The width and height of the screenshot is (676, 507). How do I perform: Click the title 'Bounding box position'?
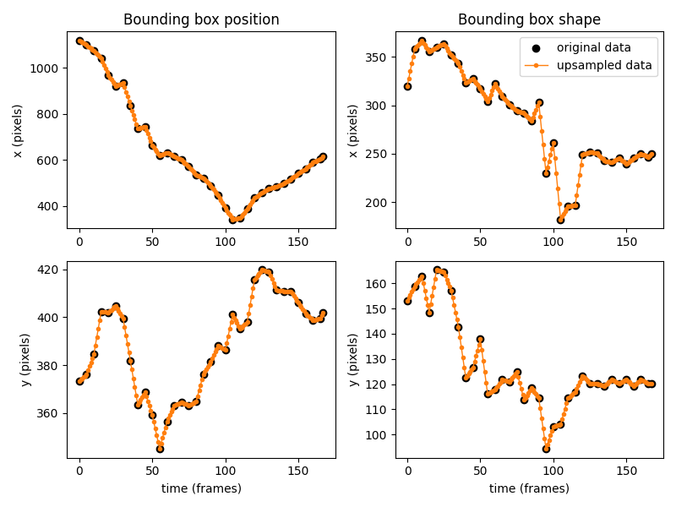[201, 19]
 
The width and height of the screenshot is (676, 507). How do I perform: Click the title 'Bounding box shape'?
[529, 19]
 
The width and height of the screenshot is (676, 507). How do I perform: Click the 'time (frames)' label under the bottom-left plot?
[201, 488]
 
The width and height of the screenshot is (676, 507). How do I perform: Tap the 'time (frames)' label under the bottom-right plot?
[529, 488]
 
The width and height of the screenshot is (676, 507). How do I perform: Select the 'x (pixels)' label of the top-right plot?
[354, 130]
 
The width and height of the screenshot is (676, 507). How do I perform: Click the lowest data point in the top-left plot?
[232, 220]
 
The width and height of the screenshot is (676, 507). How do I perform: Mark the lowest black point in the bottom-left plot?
[160, 449]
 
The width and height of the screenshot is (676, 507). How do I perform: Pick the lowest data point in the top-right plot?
[560, 220]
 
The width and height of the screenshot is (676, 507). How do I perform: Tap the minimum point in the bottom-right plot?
[546, 449]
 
